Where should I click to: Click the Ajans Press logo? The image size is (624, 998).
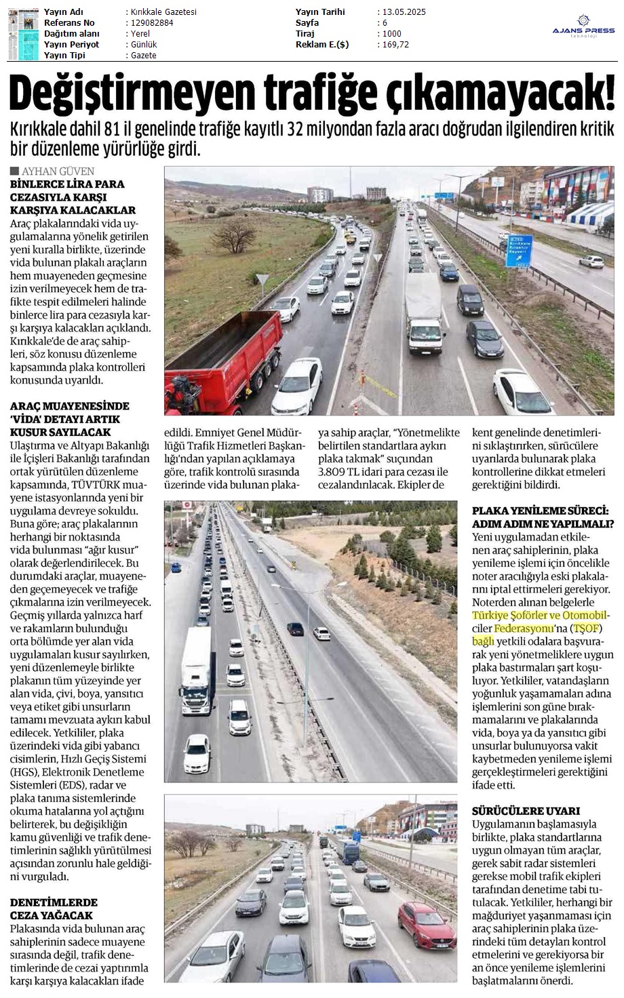point(583,27)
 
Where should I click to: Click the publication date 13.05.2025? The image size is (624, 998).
point(404,12)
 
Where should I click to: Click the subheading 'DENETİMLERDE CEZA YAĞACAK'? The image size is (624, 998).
point(54,909)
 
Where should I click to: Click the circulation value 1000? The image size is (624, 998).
point(392,34)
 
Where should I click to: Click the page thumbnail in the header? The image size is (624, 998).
point(24,34)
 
